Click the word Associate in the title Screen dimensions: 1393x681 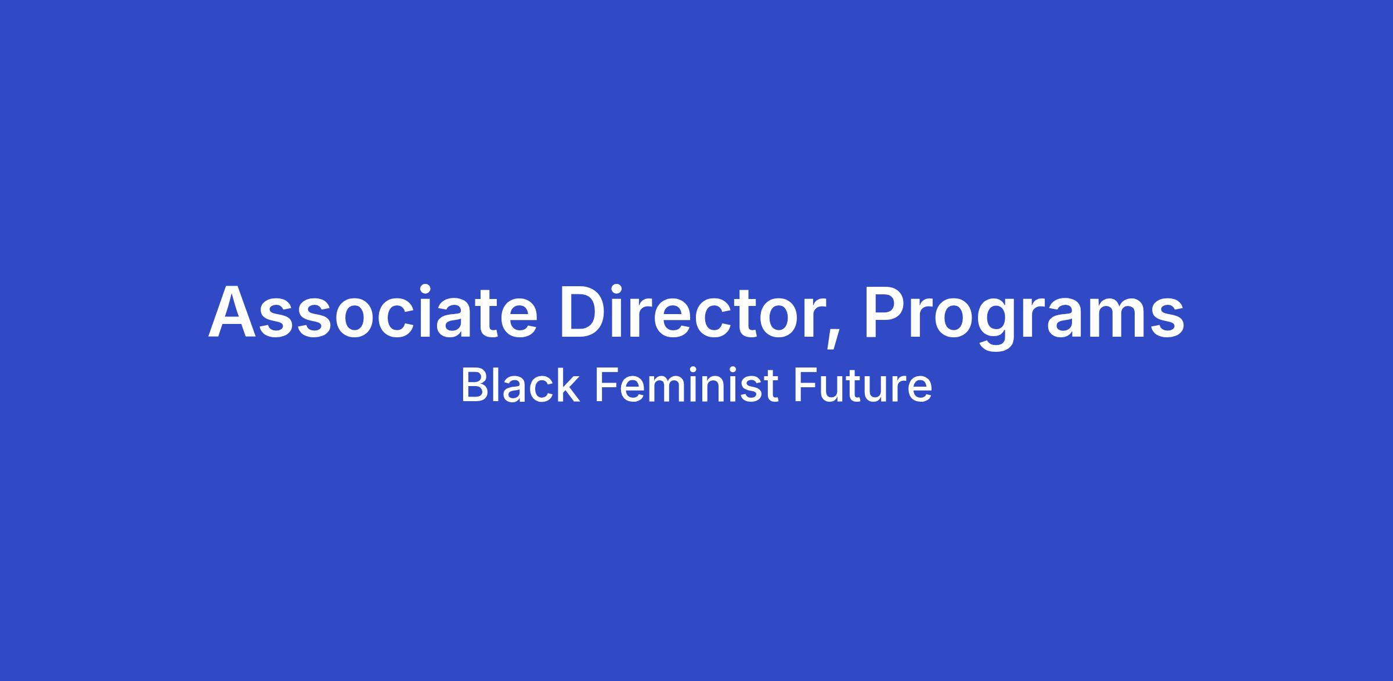tap(373, 311)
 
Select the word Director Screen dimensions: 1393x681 tap(691, 311)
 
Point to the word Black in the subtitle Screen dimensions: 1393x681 tap(520, 385)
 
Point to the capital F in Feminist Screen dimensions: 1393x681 tap(607, 385)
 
